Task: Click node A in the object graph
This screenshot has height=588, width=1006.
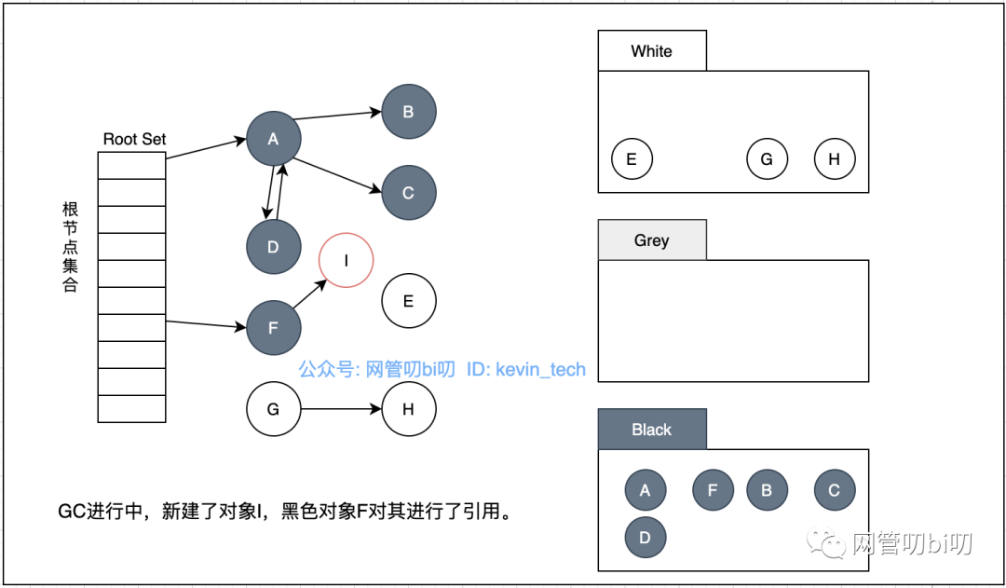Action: click(274, 139)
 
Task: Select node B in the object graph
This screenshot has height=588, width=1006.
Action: click(408, 112)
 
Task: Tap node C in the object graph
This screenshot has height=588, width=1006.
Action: click(408, 193)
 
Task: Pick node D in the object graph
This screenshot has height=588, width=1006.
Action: click(274, 247)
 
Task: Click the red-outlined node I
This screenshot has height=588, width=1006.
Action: click(347, 260)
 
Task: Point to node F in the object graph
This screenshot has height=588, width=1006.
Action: click(274, 328)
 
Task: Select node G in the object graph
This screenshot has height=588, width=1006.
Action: click(274, 409)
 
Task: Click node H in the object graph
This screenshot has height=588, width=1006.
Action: click(408, 409)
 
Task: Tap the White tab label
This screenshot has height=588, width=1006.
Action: click(651, 51)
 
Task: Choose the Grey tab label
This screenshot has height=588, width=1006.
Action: click(651, 240)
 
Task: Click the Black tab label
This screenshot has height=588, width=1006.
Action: click(651, 430)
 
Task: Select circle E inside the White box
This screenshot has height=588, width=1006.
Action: click(632, 159)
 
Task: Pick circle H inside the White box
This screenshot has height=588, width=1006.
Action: click(835, 159)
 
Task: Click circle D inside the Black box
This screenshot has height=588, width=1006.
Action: click(646, 538)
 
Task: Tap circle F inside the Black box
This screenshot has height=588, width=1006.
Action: click(714, 490)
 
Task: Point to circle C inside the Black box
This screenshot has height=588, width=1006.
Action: click(835, 490)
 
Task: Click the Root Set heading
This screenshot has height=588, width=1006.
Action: click(134, 139)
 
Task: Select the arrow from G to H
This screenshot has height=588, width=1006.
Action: click(341, 409)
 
